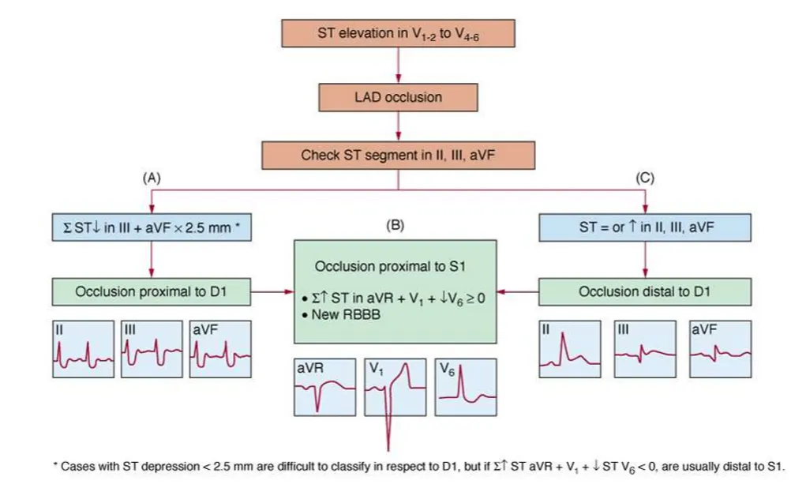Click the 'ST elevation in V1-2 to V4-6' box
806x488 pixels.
399,34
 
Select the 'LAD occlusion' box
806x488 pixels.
399,97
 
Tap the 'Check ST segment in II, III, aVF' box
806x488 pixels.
399,156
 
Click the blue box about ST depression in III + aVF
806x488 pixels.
152,228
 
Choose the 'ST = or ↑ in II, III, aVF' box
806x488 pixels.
645,228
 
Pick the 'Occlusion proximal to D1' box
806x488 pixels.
152,291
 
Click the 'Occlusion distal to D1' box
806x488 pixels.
645,291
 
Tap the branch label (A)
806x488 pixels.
152,178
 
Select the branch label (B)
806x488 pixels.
395,225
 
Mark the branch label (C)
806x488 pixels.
646,178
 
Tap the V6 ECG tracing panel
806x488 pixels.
466,387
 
